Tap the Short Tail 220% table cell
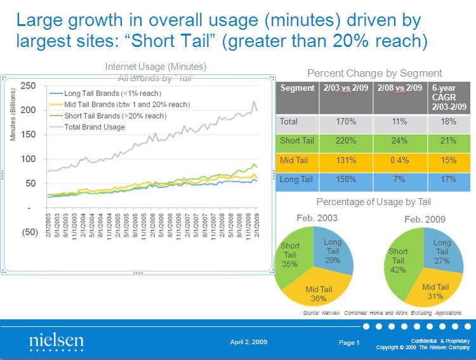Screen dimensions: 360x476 [x=344, y=141]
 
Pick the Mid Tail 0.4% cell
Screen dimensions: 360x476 [x=399, y=161]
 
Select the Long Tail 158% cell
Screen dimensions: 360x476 [x=344, y=180]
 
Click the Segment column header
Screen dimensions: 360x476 [x=296, y=88]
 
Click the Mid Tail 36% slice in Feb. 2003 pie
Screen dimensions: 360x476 [x=318, y=293]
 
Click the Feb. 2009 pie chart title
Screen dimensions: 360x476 [x=425, y=219]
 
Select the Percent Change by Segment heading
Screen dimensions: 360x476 [x=374, y=73]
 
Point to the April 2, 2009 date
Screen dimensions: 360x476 [x=248, y=342]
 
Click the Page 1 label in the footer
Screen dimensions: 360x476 [x=349, y=343]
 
